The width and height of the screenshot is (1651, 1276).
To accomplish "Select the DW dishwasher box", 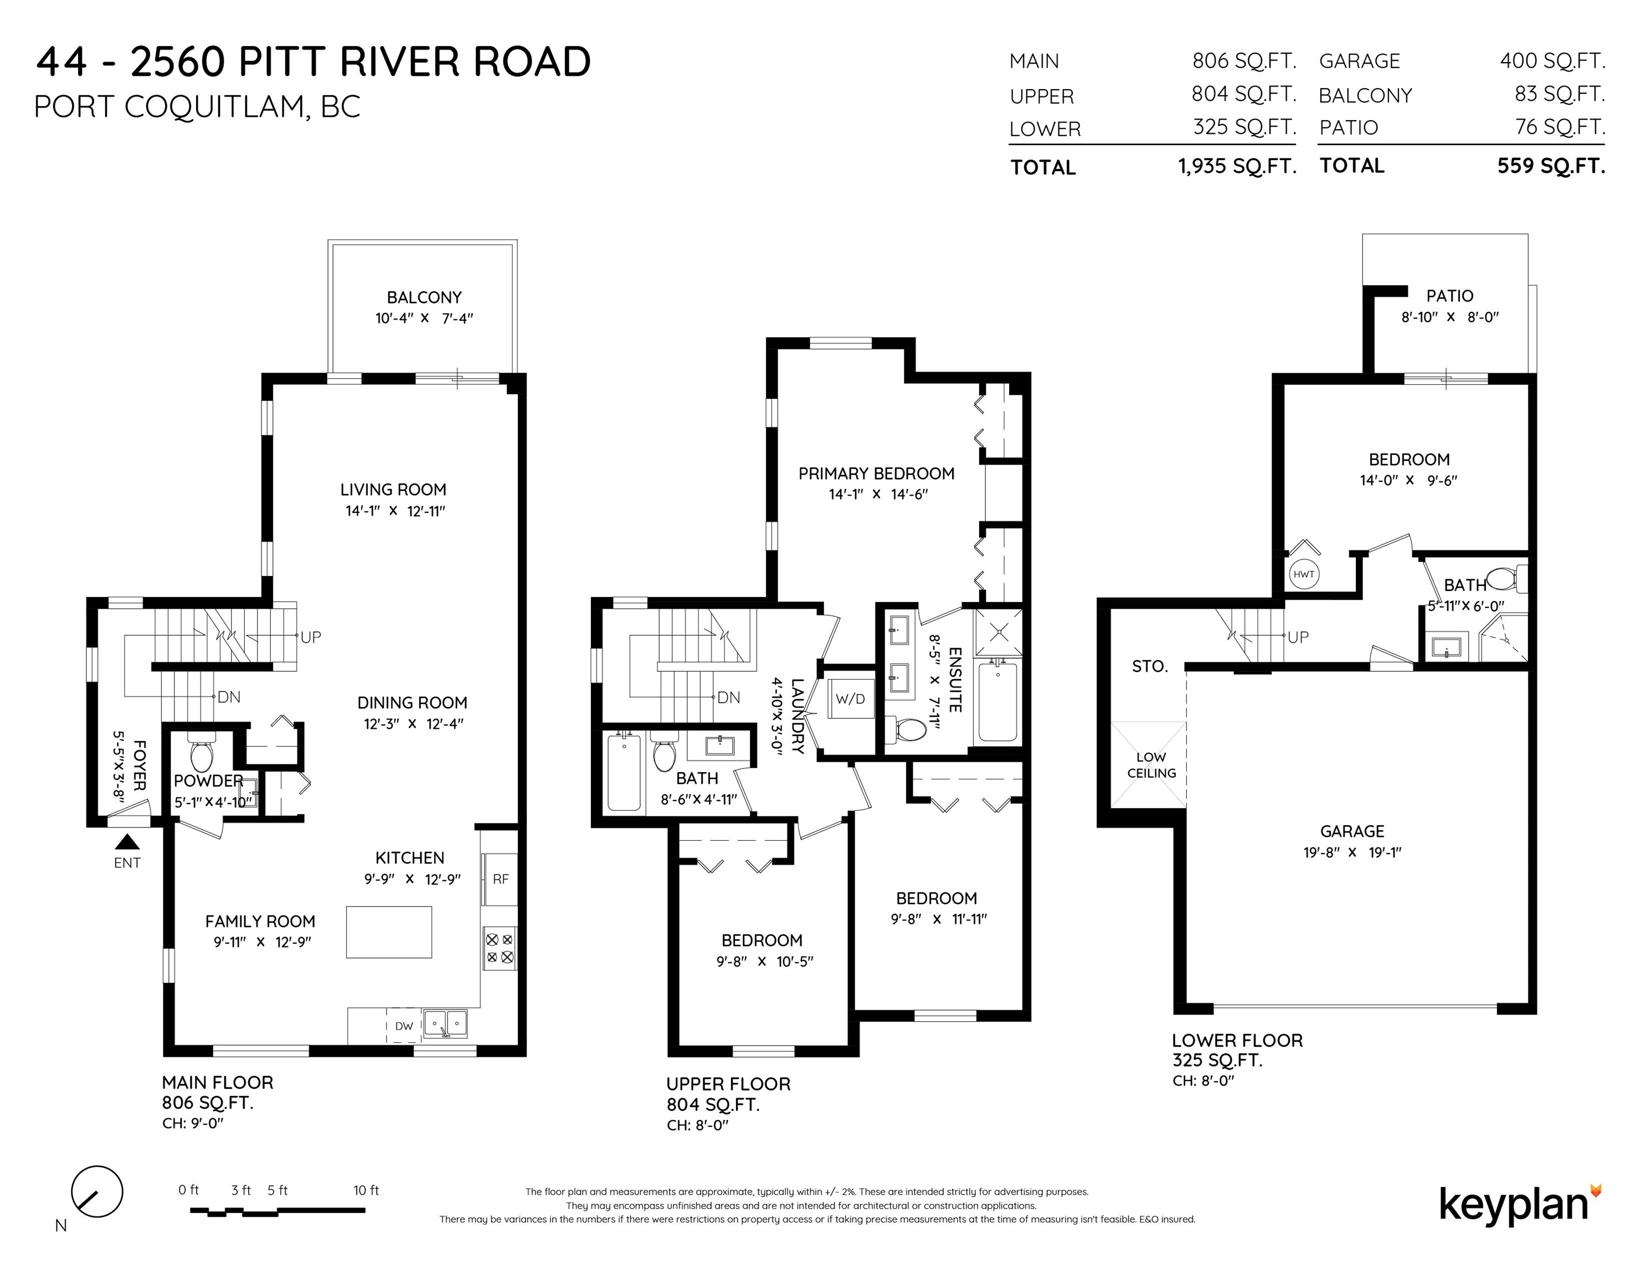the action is pos(404,1026).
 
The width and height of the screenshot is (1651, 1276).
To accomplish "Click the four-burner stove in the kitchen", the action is pos(500,949).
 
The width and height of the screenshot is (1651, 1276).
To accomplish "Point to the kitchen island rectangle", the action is pos(389,932).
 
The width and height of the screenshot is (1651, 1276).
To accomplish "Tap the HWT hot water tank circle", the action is pos(1303,574).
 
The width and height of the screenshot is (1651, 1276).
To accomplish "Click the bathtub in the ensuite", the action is pos(998,701).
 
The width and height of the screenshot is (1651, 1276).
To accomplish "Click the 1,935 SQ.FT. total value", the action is pos(1237,166).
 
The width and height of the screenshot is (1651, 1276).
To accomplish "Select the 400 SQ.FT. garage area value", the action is pos(1553,60).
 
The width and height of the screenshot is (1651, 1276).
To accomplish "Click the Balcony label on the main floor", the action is pos(424,297).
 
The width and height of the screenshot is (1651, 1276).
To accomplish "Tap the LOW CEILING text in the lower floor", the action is pos(1151,765).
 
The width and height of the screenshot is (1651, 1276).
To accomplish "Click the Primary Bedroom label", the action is pos(876,473).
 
